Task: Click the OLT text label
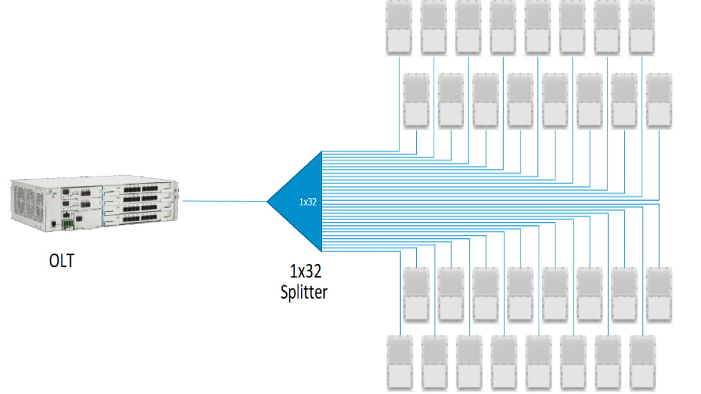pos(61,261)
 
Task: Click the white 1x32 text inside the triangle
pos(307,202)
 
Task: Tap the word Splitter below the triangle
pos(303,292)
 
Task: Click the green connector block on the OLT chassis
pos(67,223)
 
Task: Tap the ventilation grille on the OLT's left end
pos(24,200)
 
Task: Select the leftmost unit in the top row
pos(399,28)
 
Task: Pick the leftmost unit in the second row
pos(417,100)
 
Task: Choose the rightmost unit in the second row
pos(660,100)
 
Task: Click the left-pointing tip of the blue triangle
pos(270,202)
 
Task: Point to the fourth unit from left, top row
pos(504,28)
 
